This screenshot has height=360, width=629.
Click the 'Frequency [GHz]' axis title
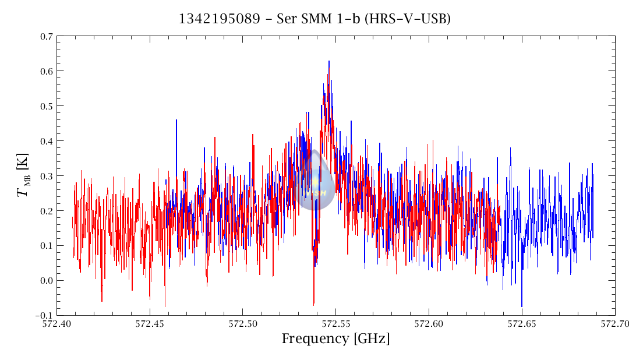coord(335,339)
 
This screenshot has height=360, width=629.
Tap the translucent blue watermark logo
coord(314,181)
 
